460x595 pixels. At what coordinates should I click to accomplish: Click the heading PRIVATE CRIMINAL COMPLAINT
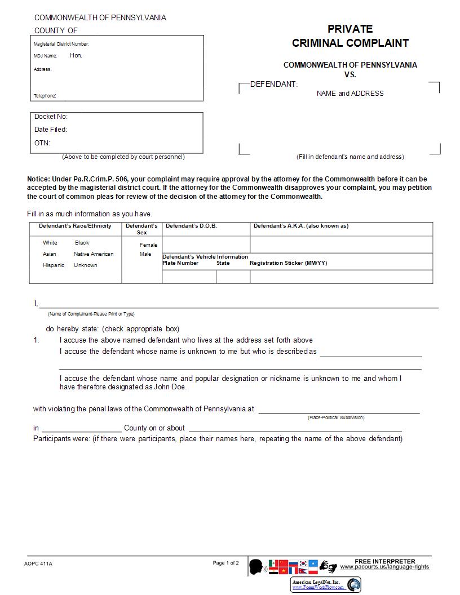point(350,36)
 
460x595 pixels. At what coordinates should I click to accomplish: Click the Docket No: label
point(51,117)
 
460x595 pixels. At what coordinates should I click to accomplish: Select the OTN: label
point(42,143)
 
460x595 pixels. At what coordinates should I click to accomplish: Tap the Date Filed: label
point(51,130)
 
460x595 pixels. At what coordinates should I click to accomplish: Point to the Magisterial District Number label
point(61,44)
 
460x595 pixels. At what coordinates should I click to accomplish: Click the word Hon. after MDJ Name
point(76,55)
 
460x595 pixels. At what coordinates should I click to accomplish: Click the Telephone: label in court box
point(45,96)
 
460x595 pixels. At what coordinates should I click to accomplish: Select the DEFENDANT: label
point(273,84)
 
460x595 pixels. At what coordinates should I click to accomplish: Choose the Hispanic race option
point(54,265)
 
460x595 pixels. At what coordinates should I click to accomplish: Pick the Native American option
point(94,254)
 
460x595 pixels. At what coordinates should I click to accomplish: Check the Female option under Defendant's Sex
point(149,245)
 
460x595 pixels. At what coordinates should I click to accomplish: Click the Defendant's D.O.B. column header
point(191,226)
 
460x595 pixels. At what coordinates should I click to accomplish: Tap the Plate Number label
point(180,263)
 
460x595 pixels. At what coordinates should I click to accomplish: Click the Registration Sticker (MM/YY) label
point(288,263)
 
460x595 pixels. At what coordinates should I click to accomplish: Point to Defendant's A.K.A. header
point(300,226)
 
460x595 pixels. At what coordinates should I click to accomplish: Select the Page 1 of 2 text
point(225,563)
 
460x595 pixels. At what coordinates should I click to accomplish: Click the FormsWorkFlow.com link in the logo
point(317,588)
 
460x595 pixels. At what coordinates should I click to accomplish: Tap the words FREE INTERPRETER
point(385,561)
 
